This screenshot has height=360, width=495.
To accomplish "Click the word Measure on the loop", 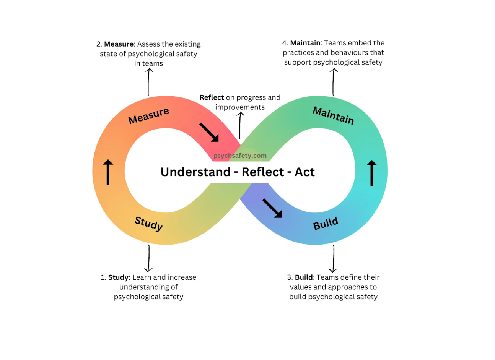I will tap(148, 115).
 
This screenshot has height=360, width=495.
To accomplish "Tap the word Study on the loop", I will tap(148, 223).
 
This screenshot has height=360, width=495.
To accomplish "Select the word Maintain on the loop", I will tap(333, 115).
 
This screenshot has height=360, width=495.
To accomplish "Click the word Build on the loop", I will tap(326, 223).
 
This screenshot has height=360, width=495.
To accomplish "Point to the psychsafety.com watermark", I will tap(240, 156).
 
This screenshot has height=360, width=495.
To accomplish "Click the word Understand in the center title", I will tap(195, 172).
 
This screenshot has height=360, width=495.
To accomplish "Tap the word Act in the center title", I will tap(304, 172).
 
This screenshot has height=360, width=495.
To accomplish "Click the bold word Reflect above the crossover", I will tap(212, 97).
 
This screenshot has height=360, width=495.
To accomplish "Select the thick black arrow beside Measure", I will tap(209, 132).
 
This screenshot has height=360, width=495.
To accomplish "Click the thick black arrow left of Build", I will tap(272, 208).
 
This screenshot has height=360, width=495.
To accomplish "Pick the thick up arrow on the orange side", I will tap(108, 172).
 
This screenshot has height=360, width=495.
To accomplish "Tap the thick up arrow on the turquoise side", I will tap(371, 173).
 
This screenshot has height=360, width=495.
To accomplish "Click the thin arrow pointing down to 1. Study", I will tap(149, 258).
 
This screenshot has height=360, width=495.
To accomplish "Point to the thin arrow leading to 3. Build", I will tap(334, 259).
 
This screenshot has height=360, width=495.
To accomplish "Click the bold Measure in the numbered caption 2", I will tap(119, 44).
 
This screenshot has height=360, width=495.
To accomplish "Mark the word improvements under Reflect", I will tap(240, 107).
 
